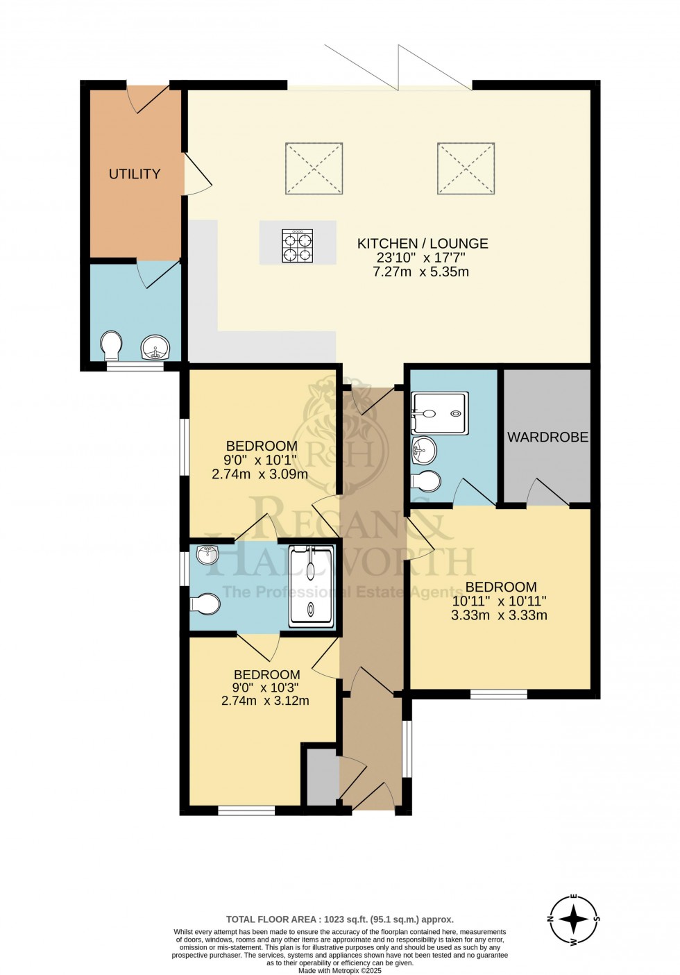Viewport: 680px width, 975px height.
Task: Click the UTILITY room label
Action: point(135,174)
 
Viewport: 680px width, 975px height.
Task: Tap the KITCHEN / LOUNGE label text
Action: point(422,244)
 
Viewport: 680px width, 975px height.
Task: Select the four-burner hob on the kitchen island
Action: point(297,245)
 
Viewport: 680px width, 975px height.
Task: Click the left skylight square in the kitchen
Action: point(314,169)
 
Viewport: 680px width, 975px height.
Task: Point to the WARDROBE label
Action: point(547,437)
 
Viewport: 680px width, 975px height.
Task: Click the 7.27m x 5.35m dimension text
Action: point(420,272)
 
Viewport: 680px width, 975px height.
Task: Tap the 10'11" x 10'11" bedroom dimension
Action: point(500,601)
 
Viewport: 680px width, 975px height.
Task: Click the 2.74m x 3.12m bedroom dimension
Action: point(265,701)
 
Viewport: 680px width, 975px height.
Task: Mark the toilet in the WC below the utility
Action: point(111,346)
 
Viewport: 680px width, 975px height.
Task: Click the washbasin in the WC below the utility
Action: point(154,347)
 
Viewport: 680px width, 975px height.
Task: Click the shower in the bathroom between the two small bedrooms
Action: point(312,583)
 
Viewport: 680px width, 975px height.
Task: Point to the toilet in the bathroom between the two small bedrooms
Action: point(205,603)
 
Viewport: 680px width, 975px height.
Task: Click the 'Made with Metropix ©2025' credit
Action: point(339,971)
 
